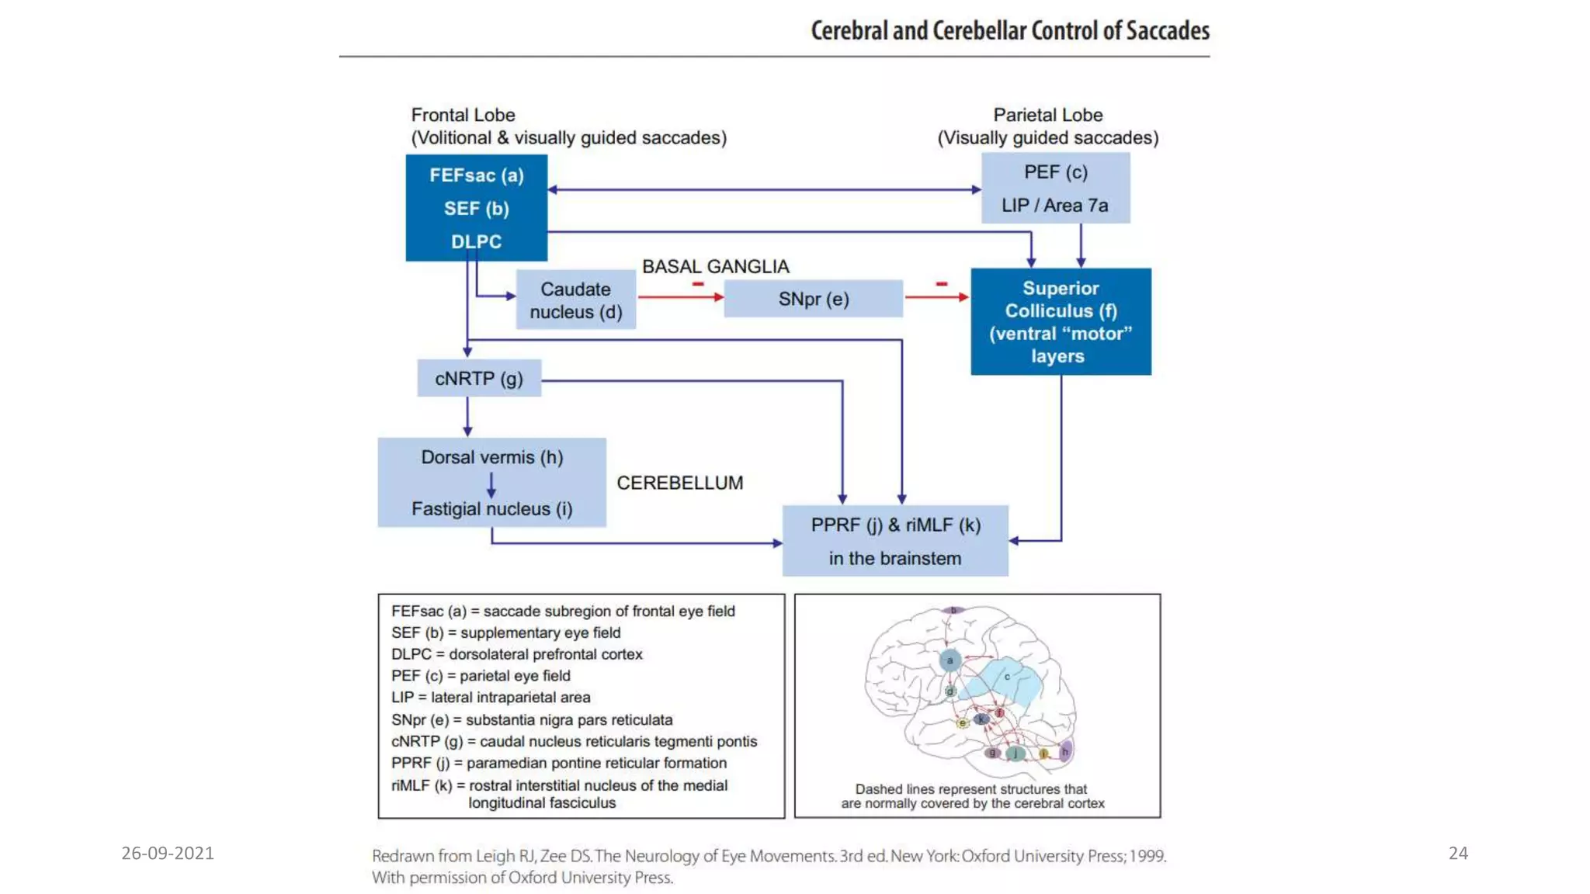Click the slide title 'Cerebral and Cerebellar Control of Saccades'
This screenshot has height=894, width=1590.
pyautogui.click(x=1009, y=31)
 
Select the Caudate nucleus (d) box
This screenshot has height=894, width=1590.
pyautogui.click(x=575, y=300)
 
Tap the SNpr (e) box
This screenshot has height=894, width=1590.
pyautogui.click(x=813, y=299)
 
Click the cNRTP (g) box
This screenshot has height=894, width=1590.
pyautogui.click(x=478, y=378)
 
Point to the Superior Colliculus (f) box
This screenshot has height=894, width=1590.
pyautogui.click(x=1061, y=321)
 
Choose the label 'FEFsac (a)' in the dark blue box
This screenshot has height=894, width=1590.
pyautogui.click(x=476, y=175)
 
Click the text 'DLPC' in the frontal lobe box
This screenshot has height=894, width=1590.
pyautogui.click(x=476, y=241)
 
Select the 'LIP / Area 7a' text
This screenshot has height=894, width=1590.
pyautogui.click(x=1054, y=206)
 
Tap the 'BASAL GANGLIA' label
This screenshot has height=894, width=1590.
pyautogui.click(x=715, y=266)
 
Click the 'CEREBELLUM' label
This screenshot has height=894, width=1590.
pyautogui.click(x=679, y=483)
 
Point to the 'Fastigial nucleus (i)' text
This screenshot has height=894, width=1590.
pyautogui.click(x=491, y=509)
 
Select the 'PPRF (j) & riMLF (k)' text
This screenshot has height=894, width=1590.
pyautogui.click(x=895, y=525)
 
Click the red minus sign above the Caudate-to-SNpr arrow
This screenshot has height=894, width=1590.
pyautogui.click(x=698, y=284)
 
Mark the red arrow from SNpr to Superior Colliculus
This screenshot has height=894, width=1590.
pyautogui.click(x=936, y=297)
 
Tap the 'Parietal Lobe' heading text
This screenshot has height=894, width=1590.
pyautogui.click(x=1047, y=115)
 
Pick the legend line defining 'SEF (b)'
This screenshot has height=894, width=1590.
pyautogui.click(x=505, y=632)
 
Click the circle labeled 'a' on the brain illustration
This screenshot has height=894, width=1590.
pyautogui.click(x=949, y=660)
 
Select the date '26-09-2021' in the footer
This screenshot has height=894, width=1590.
pyautogui.click(x=167, y=853)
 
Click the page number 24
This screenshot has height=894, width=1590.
pyautogui.click(x=1457, y=853)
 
